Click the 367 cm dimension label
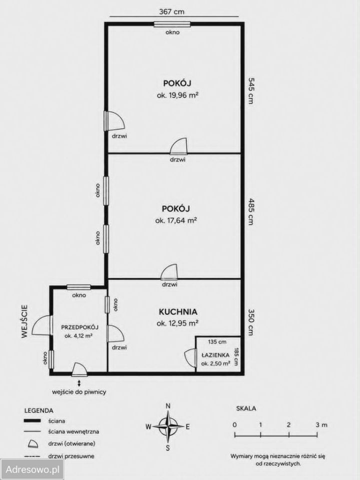point(172,11)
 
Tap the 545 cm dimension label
point(251,91)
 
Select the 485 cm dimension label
point(251,211)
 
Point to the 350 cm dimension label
point(251,322)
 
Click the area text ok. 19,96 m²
point(177,95)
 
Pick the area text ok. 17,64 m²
point(176,220)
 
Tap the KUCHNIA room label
point(178,312)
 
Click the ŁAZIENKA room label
point(215,355)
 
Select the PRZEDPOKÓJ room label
point(79,327)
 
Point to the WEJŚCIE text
point(25,321)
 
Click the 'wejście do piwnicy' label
point(79,392)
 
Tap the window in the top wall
point(172,24)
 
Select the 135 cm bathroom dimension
point(217,341)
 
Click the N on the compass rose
point(168,406)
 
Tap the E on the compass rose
point(188,426)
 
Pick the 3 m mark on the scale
point(321,424)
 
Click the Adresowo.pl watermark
point(32,469)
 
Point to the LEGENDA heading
point(38,410)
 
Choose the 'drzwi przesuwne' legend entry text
point(71,456)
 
